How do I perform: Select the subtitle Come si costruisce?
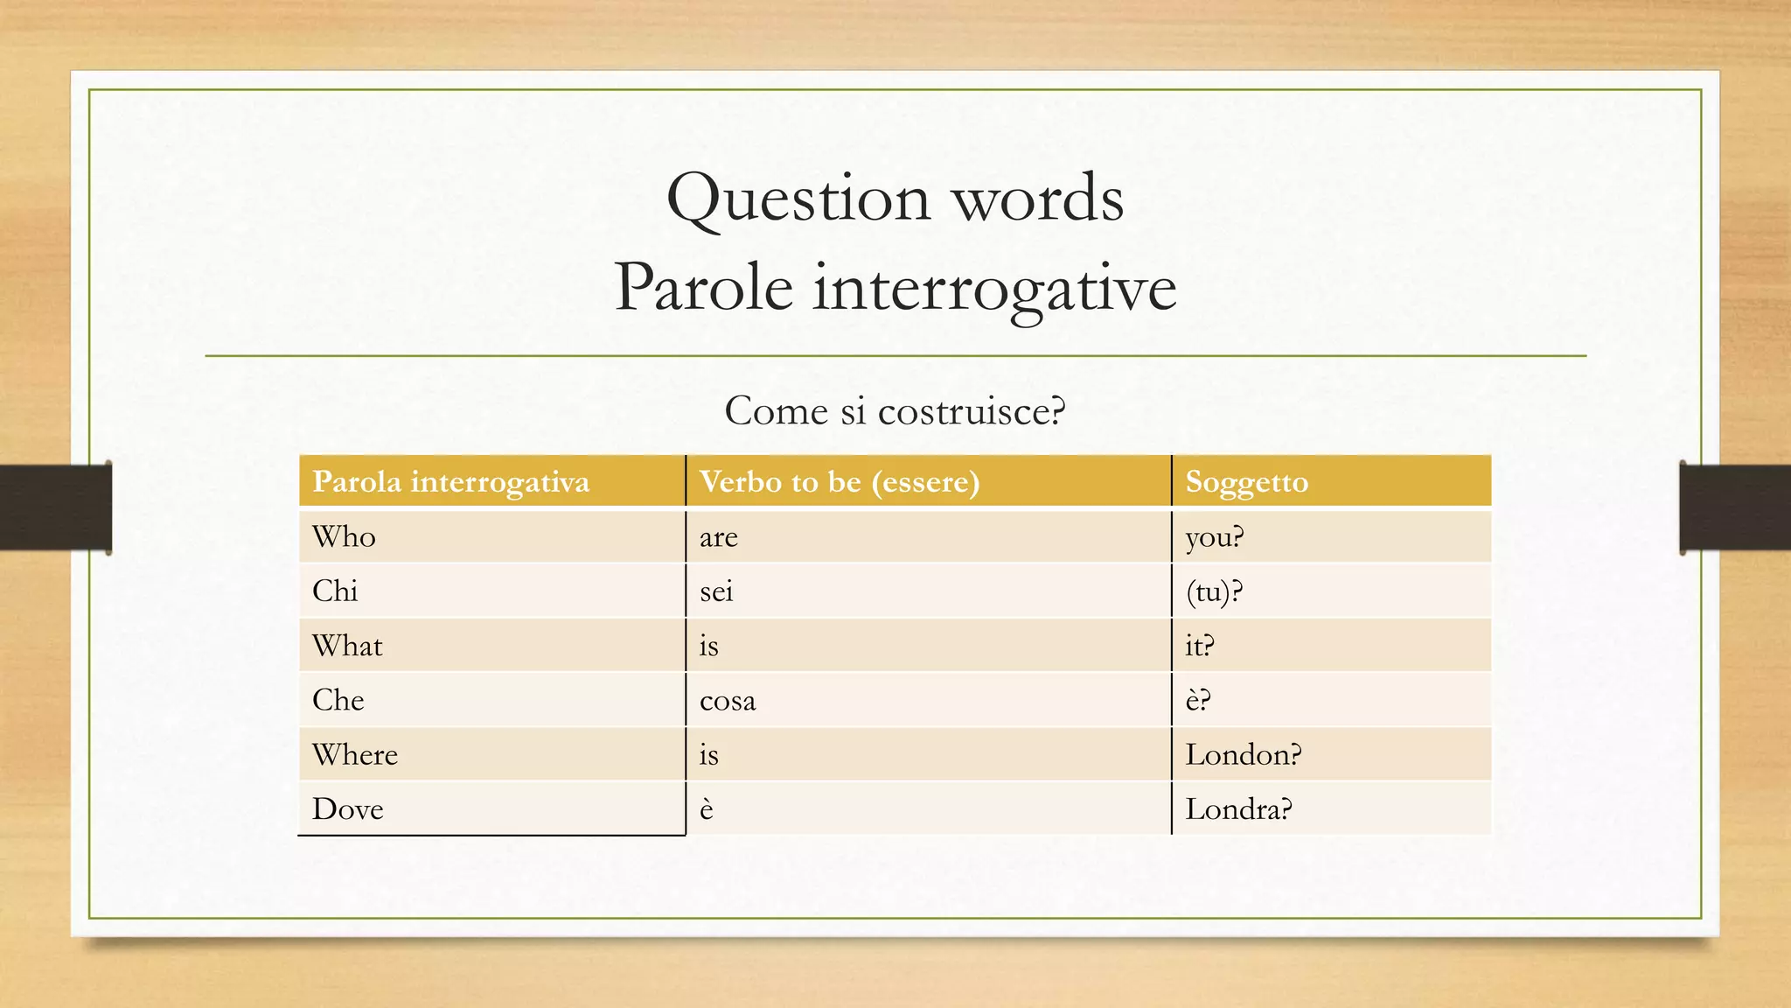895,411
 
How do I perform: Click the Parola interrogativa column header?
451,482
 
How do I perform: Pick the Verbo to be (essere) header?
840,482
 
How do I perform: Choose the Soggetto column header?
1246,482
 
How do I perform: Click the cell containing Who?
345,536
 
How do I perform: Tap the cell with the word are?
719,537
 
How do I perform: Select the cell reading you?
1214,537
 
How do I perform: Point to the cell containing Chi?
335,591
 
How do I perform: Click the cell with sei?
716,591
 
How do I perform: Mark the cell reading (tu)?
1214,592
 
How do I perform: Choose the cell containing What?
347,647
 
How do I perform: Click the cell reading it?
1199,647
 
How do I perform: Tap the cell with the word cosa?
728,701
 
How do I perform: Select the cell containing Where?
355,755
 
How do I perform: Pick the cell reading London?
1243,755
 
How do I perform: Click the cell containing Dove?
348,809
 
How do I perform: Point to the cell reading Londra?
1238,809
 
